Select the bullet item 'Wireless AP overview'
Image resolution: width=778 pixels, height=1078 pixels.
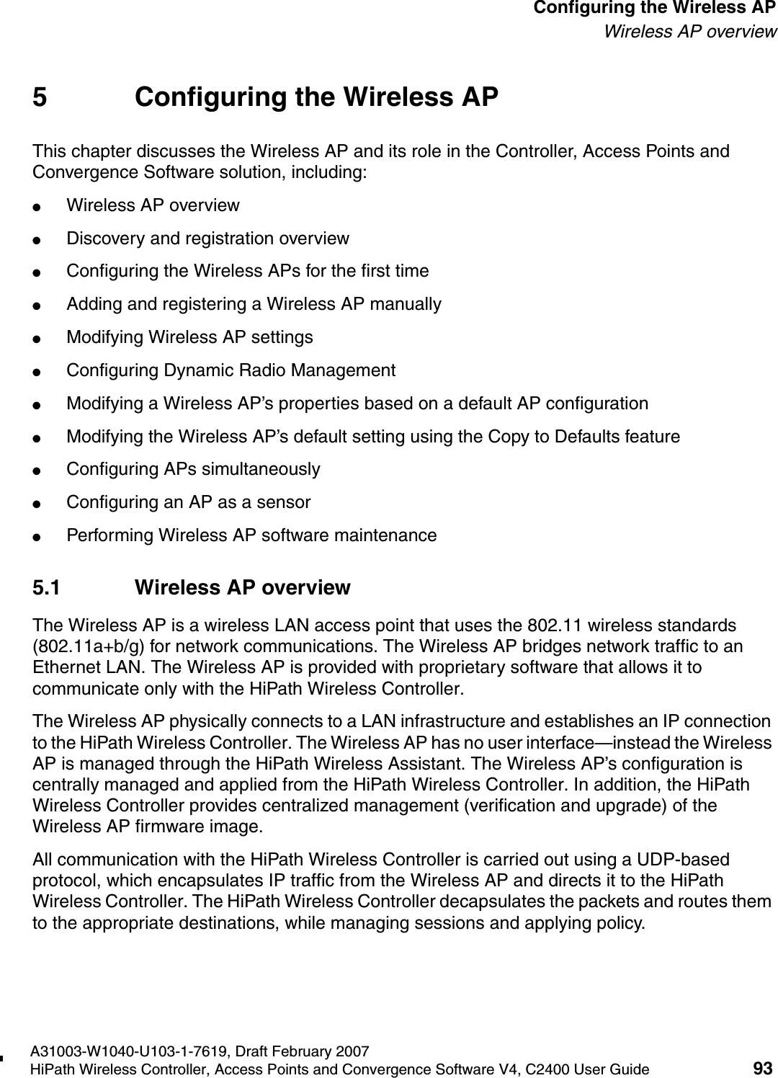tap(153, 205)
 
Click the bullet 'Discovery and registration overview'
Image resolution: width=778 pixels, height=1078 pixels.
tap(207, 239)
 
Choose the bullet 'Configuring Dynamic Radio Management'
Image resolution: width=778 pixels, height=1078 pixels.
tap(231, 370)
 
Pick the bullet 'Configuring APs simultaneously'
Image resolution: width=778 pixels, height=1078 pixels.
tap(193, 469)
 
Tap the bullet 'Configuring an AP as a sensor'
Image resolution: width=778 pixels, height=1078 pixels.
tap(188, 502)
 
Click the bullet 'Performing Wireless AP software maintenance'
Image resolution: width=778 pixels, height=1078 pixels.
tap(251, 535)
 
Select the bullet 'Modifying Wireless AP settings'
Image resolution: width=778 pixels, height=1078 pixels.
tap(189, 337)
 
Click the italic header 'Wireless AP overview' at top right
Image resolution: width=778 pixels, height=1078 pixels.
tap(689, 32)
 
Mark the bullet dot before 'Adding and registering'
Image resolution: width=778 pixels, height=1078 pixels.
tap(45, 305)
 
